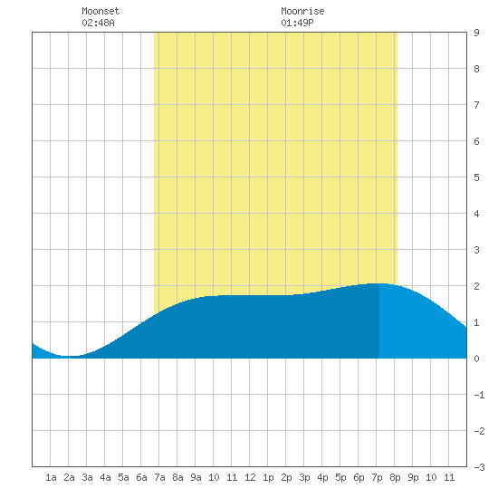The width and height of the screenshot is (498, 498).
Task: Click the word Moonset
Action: point(101,11)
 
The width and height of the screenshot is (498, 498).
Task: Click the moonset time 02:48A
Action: point(98,23)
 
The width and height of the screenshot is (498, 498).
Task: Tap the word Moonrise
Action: point(302,11)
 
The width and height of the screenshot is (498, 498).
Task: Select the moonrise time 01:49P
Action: point(297,23)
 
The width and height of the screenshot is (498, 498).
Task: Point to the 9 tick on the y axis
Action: point(476,33)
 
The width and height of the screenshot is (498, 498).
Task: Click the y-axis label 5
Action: point(476,177)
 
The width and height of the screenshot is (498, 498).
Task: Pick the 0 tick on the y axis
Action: point(476,359)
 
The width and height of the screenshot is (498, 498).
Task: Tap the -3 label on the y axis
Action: point(479,467)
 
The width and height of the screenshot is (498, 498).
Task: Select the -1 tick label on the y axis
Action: point(479,395)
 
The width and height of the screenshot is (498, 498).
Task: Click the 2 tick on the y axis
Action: point(476,286)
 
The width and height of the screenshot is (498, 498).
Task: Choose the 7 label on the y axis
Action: point(476,105)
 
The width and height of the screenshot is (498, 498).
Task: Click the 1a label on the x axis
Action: point(51,477)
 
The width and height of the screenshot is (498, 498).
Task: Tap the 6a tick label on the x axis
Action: point(141,477)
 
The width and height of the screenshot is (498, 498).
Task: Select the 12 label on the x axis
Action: point(250,477)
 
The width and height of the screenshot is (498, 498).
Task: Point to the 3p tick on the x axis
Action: point(304,477)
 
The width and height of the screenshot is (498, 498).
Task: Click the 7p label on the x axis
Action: point(377,477)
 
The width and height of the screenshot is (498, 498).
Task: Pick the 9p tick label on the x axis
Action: point(413,477)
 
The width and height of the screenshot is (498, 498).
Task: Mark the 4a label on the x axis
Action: point(105,477)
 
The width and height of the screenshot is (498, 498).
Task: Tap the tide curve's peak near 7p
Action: point(378,283)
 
